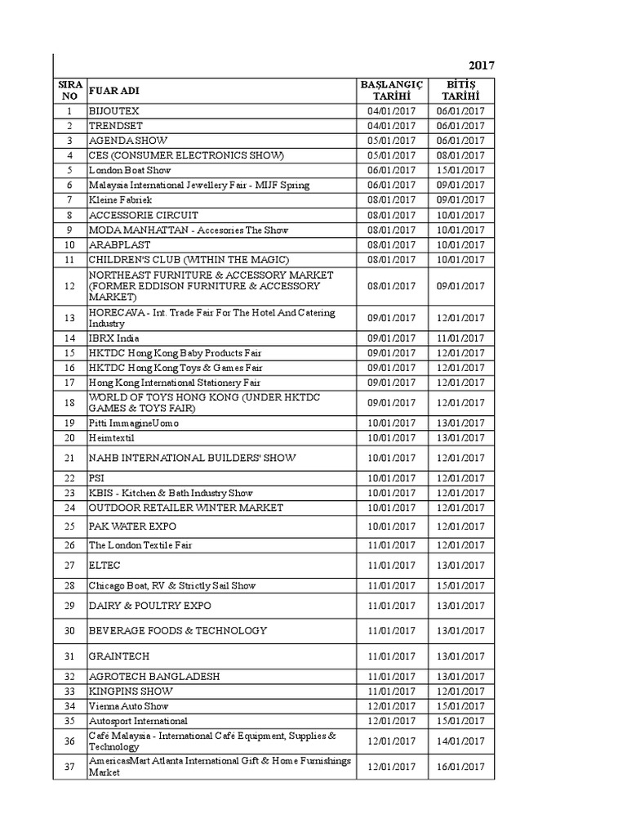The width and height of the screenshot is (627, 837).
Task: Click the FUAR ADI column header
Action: click(114, 90)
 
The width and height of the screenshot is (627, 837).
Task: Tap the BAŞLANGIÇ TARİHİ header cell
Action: click(391, 90)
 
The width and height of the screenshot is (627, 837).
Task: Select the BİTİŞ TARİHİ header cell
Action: click(460, 90)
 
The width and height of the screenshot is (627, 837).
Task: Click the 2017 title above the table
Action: click(482, 65)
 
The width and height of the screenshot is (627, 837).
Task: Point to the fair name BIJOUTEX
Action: click(114, 111)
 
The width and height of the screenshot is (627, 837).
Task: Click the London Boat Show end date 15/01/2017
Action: click(460, 170)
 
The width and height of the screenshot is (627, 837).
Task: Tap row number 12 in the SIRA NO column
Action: click(70, 286)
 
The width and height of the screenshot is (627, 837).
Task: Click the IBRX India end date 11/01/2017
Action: click(460, 338)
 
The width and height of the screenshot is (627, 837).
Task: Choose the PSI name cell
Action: click(96, 478)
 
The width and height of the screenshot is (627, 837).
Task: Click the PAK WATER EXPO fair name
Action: click(132, 526)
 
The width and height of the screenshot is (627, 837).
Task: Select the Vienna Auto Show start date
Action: click(391, 706)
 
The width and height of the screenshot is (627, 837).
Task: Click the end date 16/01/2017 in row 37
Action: click(460, 767)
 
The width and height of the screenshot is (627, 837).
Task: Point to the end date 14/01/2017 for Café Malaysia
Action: click(460, 741)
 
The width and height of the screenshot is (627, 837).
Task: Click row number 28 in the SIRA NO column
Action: click(70, 585)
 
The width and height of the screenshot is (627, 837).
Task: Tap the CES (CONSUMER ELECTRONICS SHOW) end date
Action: click(460, 155)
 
